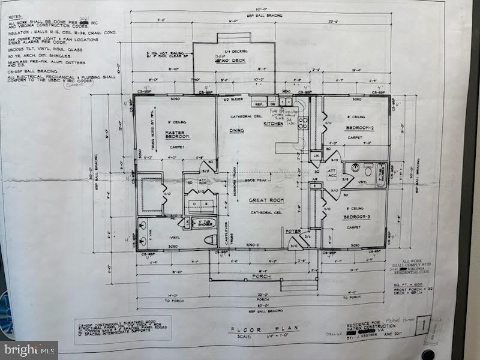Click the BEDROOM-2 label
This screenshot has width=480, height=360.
click(360, 128)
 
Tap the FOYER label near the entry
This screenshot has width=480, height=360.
click(293, 230)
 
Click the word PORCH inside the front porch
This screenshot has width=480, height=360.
click(262, 277)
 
